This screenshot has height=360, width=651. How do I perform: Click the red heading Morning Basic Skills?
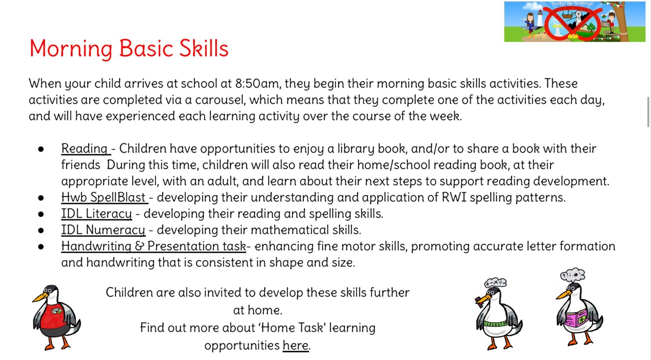(x=129, y=48)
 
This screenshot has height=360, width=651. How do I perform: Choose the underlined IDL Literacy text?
(x=96, y=214)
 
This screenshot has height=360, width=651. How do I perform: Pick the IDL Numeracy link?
(x=103, y=230)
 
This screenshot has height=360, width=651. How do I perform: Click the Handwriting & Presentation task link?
(x=153, y=247)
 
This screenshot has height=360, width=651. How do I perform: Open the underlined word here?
(x=295, y=345)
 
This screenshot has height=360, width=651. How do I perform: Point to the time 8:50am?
(x=257, y=84)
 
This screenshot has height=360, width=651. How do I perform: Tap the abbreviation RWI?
(x=454, y=198)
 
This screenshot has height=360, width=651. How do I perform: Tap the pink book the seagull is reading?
(x=577, y=320)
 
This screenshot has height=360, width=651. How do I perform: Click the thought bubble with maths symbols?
(x=495, y=283)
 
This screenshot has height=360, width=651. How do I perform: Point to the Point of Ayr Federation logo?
(x=574, y=22)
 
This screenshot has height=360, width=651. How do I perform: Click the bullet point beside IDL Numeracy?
(x=41, y=231)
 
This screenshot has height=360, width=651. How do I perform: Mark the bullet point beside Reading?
(x=41, y=149)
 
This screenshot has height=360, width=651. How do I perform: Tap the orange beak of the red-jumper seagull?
(x=40, y=297)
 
